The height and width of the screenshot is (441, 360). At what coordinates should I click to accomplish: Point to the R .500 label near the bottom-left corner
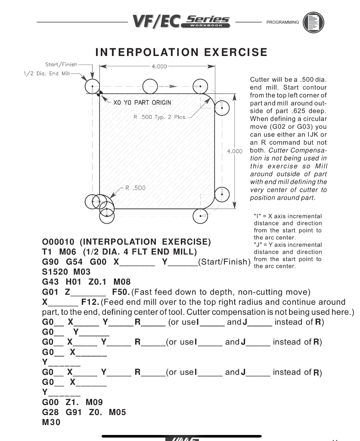(135, 188)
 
